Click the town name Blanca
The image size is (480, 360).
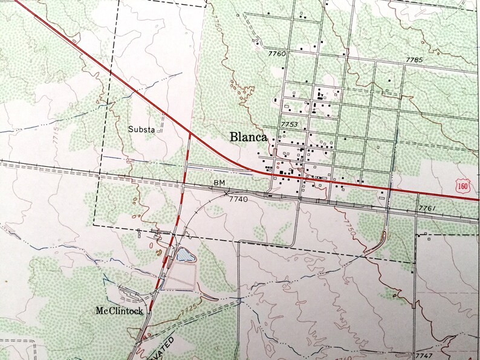point(248,137)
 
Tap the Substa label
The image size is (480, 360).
point(141,129)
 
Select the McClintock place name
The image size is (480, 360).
point(118,311)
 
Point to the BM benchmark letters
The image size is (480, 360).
point(218,182)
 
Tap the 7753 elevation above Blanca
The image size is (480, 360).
point(290,124)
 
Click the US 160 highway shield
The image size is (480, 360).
point(462,187)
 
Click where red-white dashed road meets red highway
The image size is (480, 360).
point(190,134)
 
